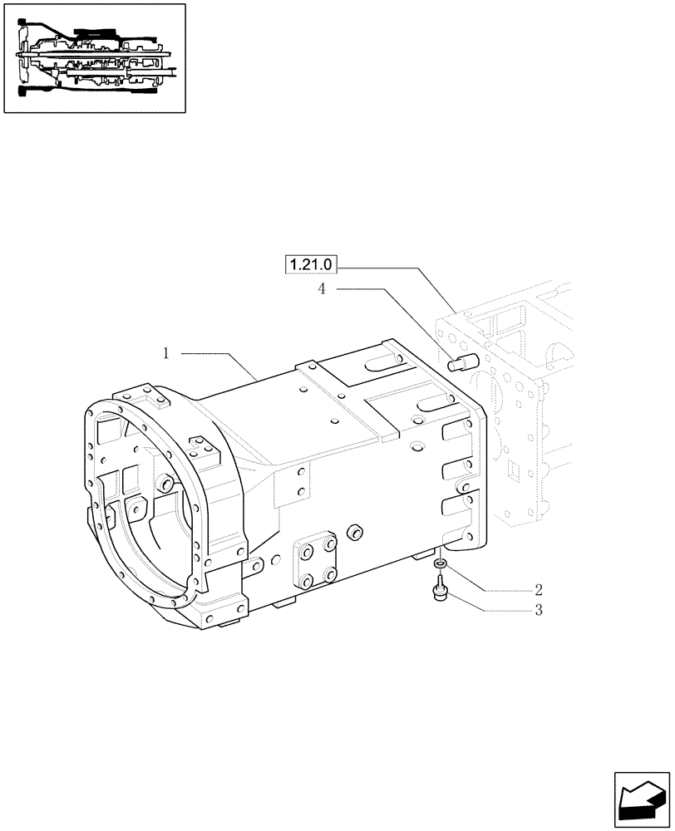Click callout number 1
166,353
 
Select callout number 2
539,590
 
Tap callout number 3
539,611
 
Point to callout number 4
320,288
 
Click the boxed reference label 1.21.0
310,265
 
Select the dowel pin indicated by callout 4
459,363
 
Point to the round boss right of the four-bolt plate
355,531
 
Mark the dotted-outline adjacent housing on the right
532,415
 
